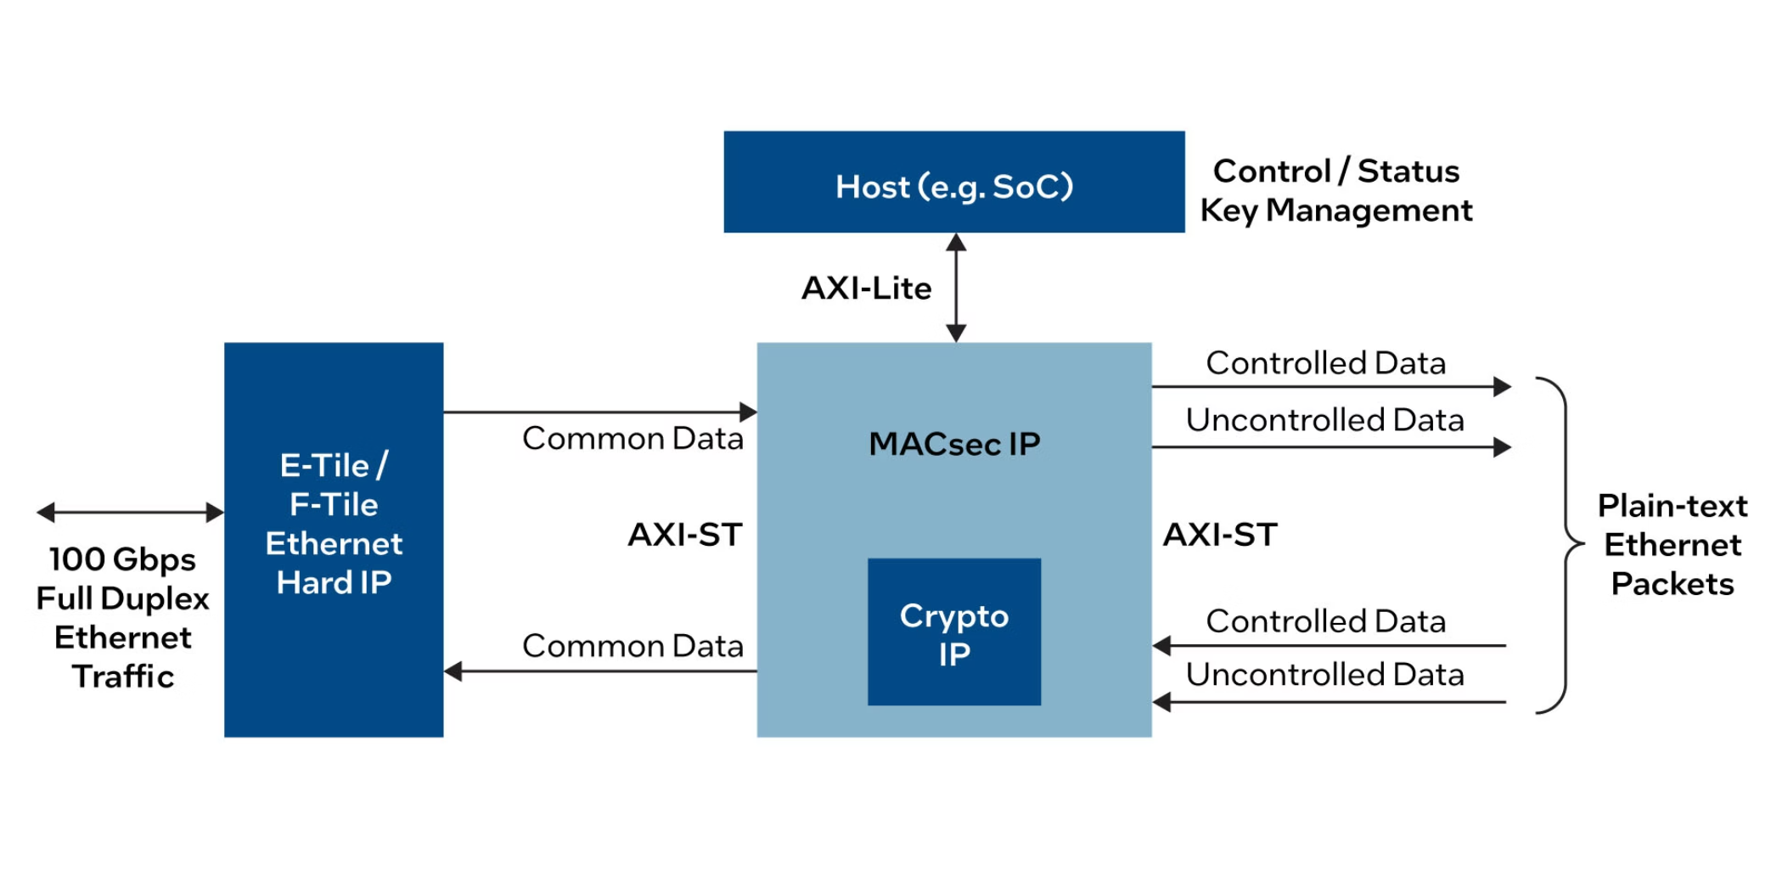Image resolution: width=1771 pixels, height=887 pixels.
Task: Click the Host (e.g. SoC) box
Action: (953, 182)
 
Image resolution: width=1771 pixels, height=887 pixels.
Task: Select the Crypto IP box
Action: (953, 632)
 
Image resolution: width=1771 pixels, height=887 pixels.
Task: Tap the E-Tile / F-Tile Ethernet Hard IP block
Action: (333, 539)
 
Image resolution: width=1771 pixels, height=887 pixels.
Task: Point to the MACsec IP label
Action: (954, 444)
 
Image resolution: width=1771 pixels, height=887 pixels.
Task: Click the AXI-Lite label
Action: (866, 289)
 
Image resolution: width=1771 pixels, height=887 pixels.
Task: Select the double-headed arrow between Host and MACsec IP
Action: (956, 288)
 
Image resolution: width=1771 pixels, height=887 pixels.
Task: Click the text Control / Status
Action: (1335, 171)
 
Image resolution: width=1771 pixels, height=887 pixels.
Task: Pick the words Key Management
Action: (1335, 211)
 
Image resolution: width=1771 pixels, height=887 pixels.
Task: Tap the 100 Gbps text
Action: (122, 559)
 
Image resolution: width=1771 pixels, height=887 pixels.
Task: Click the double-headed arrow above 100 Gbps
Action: (130, 512)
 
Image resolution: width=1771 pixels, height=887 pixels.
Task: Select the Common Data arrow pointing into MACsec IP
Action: (599, 413)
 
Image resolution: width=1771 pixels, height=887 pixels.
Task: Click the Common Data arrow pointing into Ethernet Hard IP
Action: (599, 671)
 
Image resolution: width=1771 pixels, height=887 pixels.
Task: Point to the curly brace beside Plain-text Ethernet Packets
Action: (1565, 544)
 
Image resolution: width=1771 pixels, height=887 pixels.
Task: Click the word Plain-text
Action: (1672, 506)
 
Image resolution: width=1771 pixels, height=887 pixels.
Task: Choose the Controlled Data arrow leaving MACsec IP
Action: (1330, 387)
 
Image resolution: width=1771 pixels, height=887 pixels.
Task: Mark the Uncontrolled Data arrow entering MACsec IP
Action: (1330, 702)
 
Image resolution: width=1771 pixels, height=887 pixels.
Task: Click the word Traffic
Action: (123, 676)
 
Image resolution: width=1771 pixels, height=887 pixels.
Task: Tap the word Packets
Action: (1672, 584)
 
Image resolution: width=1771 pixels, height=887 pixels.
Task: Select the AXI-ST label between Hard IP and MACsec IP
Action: (684, 535)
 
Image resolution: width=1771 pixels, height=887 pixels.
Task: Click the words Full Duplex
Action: (122, 598)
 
